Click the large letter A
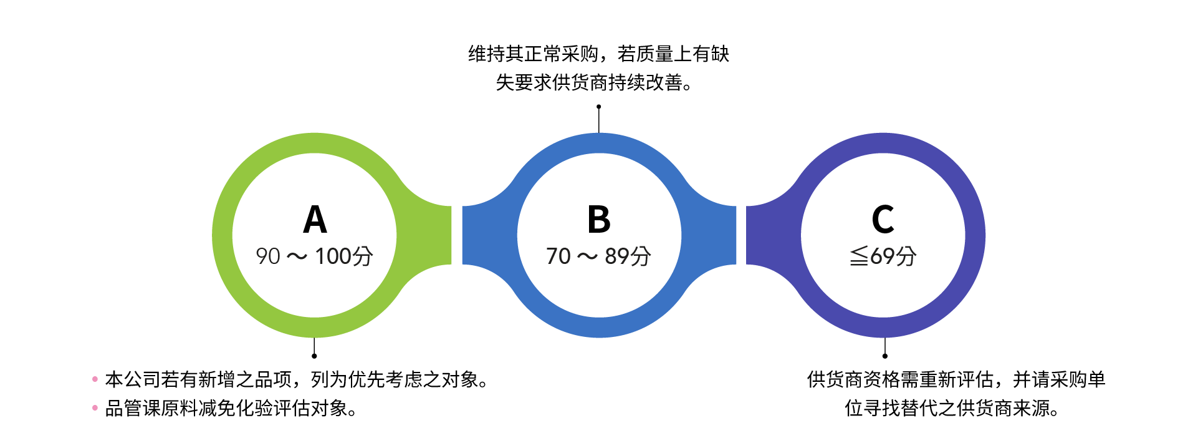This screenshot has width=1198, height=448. [x=315, y=220]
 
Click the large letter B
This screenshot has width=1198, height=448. [x=599, y=220]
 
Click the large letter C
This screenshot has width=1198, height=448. [x=883, y=220]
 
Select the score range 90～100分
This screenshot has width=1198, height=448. [x=315, y=256]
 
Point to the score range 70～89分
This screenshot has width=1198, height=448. [x=599, y=256]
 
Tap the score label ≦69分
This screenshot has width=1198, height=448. [x=883, y=256]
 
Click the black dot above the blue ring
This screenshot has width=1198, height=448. [x=599, y=107]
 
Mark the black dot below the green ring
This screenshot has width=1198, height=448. [x=314, y=356]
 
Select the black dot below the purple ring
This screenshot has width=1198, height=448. [x=885, y=356]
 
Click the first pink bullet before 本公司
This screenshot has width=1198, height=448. [x=95, y=379]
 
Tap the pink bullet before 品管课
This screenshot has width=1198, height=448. [x=95, y=408]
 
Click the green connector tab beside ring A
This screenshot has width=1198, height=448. [x=436, y=235]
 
